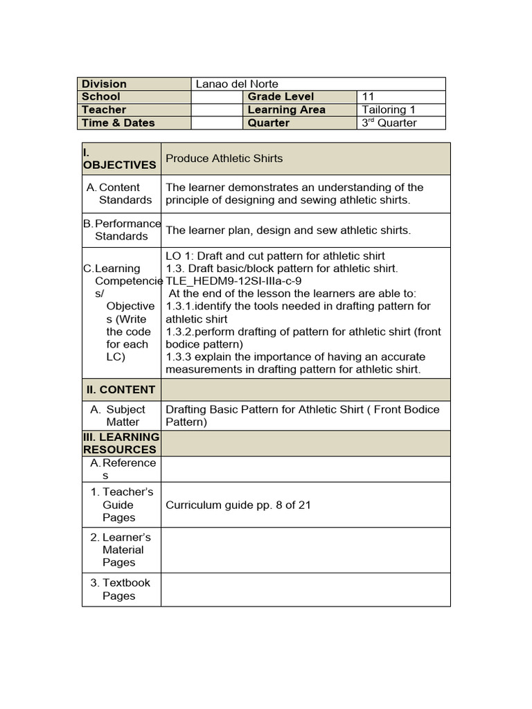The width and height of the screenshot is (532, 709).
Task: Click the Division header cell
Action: pos(105,84)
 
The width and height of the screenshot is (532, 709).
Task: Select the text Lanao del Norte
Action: pos(237,84)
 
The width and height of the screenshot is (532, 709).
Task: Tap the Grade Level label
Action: pos(281,97)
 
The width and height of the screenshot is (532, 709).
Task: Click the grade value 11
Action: pos(368,97)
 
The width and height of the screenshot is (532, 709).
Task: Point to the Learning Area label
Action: pos(286,110)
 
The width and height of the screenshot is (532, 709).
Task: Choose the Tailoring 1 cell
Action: pos(389,110)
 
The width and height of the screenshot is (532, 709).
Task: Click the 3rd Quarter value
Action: pos(389,123)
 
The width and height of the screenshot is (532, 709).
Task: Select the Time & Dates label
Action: pos(118,123)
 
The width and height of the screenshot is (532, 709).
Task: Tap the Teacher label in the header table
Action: pos(104,110)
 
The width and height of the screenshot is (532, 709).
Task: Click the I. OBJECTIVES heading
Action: pos(119,159)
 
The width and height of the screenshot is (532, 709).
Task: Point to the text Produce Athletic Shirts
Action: pos(224,159)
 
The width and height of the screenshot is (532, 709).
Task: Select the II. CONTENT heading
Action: pos(119,390)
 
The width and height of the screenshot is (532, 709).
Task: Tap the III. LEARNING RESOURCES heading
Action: pos(121,443)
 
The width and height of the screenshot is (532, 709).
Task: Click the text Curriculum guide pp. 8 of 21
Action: pos(238,505)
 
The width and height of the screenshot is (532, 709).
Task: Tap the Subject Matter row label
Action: pos(123,415)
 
